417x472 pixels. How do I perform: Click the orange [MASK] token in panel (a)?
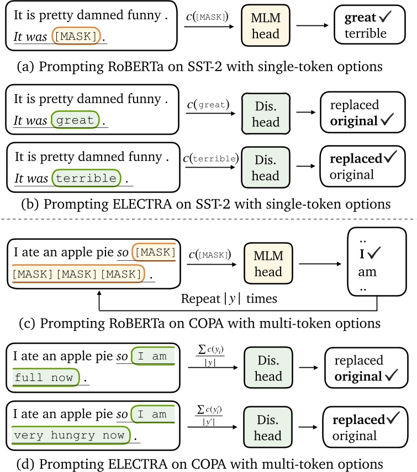point(76,37)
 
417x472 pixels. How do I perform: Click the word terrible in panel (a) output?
point(363,34)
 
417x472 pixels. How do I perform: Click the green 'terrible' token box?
point(86,178)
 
